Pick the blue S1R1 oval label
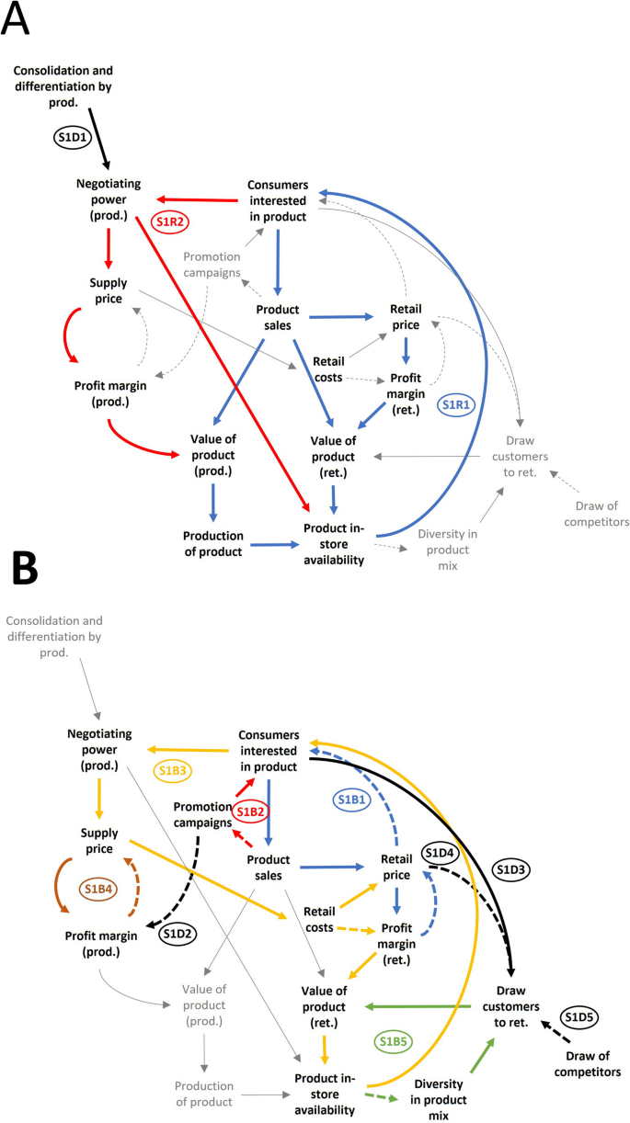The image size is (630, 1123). (460, 403)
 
